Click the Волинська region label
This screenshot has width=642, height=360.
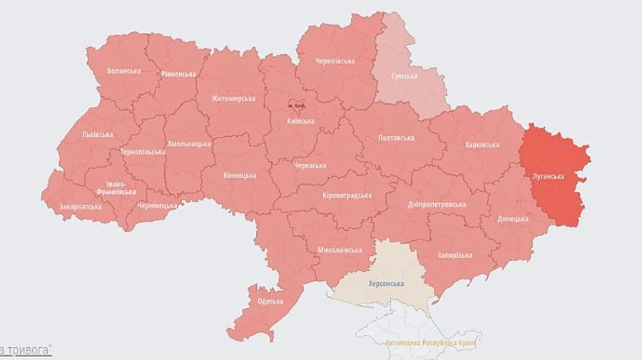click(x=123, y=71)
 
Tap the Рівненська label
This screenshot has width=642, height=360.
click(x=178, y=74)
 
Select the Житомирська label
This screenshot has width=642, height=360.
click(x=233, y=98)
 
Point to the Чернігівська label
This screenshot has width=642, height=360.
click(x=335, y=61)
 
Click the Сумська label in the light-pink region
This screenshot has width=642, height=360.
click(x=404, y=76)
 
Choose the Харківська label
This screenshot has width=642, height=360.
click(x=481, y=145)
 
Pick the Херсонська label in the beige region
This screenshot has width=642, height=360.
click(x=385, y=284)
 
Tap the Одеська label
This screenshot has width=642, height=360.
click(x=270, y=301)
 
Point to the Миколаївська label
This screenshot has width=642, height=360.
click(x=340, y=250)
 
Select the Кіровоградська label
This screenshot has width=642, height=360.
click(x=347, y=195)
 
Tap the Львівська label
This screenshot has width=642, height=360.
click(x=97, y=134)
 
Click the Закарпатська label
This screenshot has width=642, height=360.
click(x=80, y=207)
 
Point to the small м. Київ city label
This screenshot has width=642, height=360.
click(x=296, y=106)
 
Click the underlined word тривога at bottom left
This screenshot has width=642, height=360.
click(x=30, y=350)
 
